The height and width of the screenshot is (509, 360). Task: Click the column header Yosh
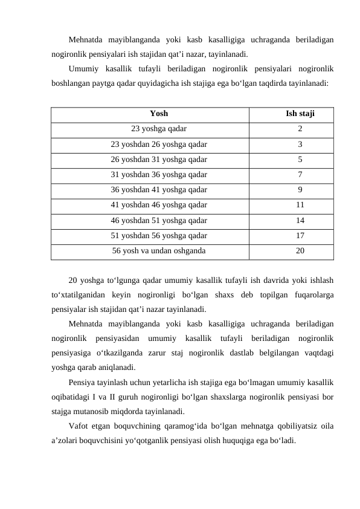click(x=159, y=113)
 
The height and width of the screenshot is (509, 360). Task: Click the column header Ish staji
click(x=300, y=113)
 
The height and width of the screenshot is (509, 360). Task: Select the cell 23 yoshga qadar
click(x=159, y=129)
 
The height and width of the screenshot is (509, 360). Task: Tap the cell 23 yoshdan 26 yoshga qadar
click(x=159, y=144)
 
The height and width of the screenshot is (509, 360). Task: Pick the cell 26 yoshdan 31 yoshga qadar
click(x=159, y=160)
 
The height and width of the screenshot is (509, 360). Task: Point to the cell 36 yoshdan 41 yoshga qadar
click(x=159, y=190)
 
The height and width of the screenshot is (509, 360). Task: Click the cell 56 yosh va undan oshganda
click(x=159, y=250)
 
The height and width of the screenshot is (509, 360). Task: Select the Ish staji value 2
click(x=300, y=129)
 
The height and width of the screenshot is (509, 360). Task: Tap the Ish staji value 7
click(x=300, y=175)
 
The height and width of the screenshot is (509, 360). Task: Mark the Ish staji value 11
click(x=300, y=205)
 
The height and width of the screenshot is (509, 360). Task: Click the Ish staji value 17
click(x=300, y=235)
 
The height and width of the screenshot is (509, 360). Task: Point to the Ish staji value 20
click(x=300, y=250)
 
